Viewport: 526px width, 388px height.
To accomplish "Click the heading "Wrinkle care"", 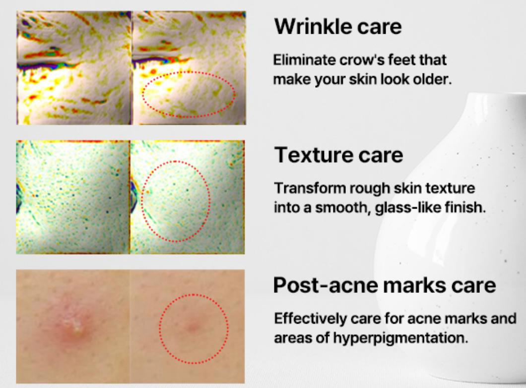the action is click(x=338, y=26).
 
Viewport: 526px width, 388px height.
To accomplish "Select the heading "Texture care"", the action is click(x=338, y=155).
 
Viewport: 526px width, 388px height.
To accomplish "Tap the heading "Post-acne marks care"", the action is click(x=385, y=285).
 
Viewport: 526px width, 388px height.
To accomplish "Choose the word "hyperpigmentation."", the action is click(x=400, y=338).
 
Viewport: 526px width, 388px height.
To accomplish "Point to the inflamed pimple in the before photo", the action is click(x=75, y=326).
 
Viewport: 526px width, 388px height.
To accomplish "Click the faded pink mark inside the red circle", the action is click(x=193, y=327).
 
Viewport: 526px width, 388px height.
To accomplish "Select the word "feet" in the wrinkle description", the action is click(x=399, y=60).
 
